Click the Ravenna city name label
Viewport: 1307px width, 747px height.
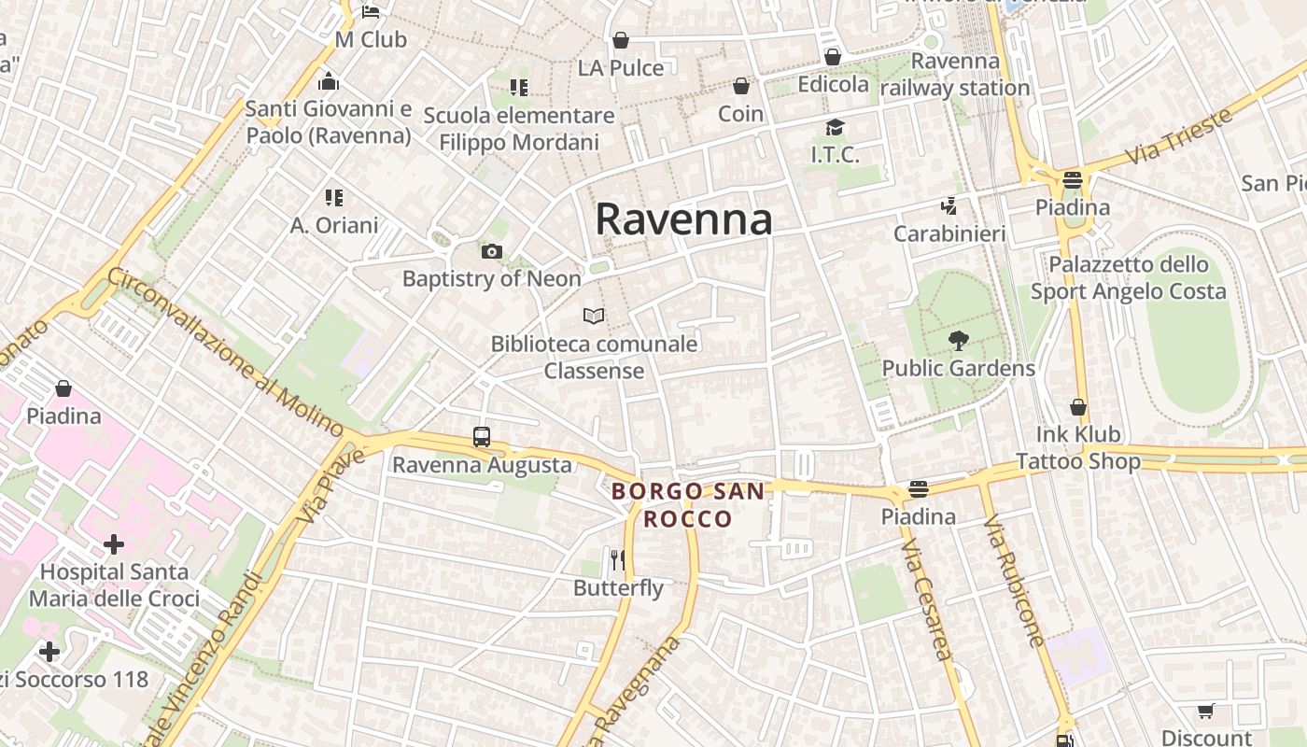point(683,219)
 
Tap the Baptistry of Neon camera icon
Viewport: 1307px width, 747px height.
point(491,251)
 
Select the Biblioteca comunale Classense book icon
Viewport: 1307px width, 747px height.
point(594,316)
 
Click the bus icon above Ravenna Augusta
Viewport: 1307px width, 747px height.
point(482,436)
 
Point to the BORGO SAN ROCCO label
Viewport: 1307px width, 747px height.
point(688,504)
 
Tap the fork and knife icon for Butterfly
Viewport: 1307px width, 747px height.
point(617,559)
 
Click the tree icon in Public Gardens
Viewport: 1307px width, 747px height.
point(958,341)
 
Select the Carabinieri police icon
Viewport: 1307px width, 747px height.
point(949,205)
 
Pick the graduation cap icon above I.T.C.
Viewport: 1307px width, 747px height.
point(834,127)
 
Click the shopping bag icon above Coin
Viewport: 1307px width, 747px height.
point(741,86)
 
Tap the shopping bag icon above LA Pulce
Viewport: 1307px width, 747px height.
point(620,40)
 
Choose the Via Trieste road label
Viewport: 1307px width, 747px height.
point(1180,136)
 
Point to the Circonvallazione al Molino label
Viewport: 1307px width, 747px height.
point(226,351)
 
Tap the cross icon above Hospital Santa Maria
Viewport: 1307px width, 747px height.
point(114,543)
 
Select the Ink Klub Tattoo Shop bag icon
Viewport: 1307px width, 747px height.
point(1078,407)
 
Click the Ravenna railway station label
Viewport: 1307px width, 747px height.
point(955,75)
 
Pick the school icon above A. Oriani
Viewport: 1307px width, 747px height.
point(334,197)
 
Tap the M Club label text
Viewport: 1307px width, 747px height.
point(372,39)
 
